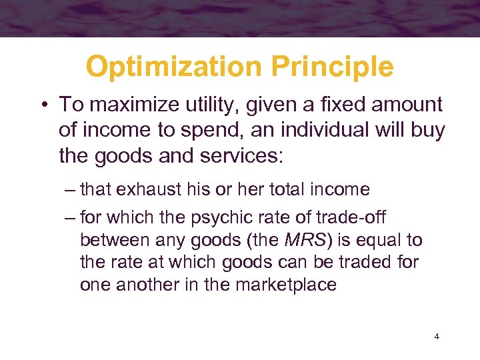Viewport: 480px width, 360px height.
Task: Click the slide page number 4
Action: (437, 337)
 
